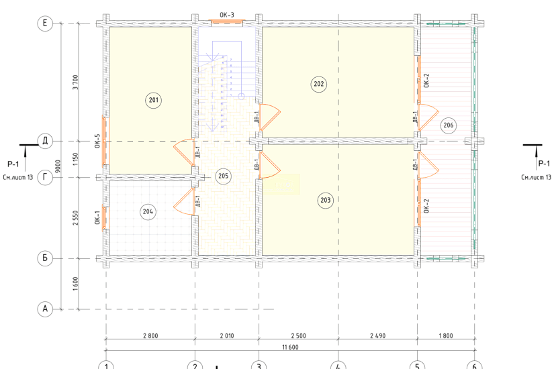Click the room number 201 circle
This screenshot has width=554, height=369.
pos(154,101)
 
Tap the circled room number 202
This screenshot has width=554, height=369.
pos(318,84)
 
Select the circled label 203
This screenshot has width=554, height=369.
pos(325,199)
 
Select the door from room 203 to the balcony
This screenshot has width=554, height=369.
pos(427,165)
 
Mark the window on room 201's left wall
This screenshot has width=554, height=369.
pos(104,140)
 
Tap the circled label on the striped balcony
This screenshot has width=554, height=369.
pos(448,125)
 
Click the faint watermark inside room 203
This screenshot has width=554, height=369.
pos(281,184)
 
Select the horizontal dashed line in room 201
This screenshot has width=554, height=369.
pos(148,142)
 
